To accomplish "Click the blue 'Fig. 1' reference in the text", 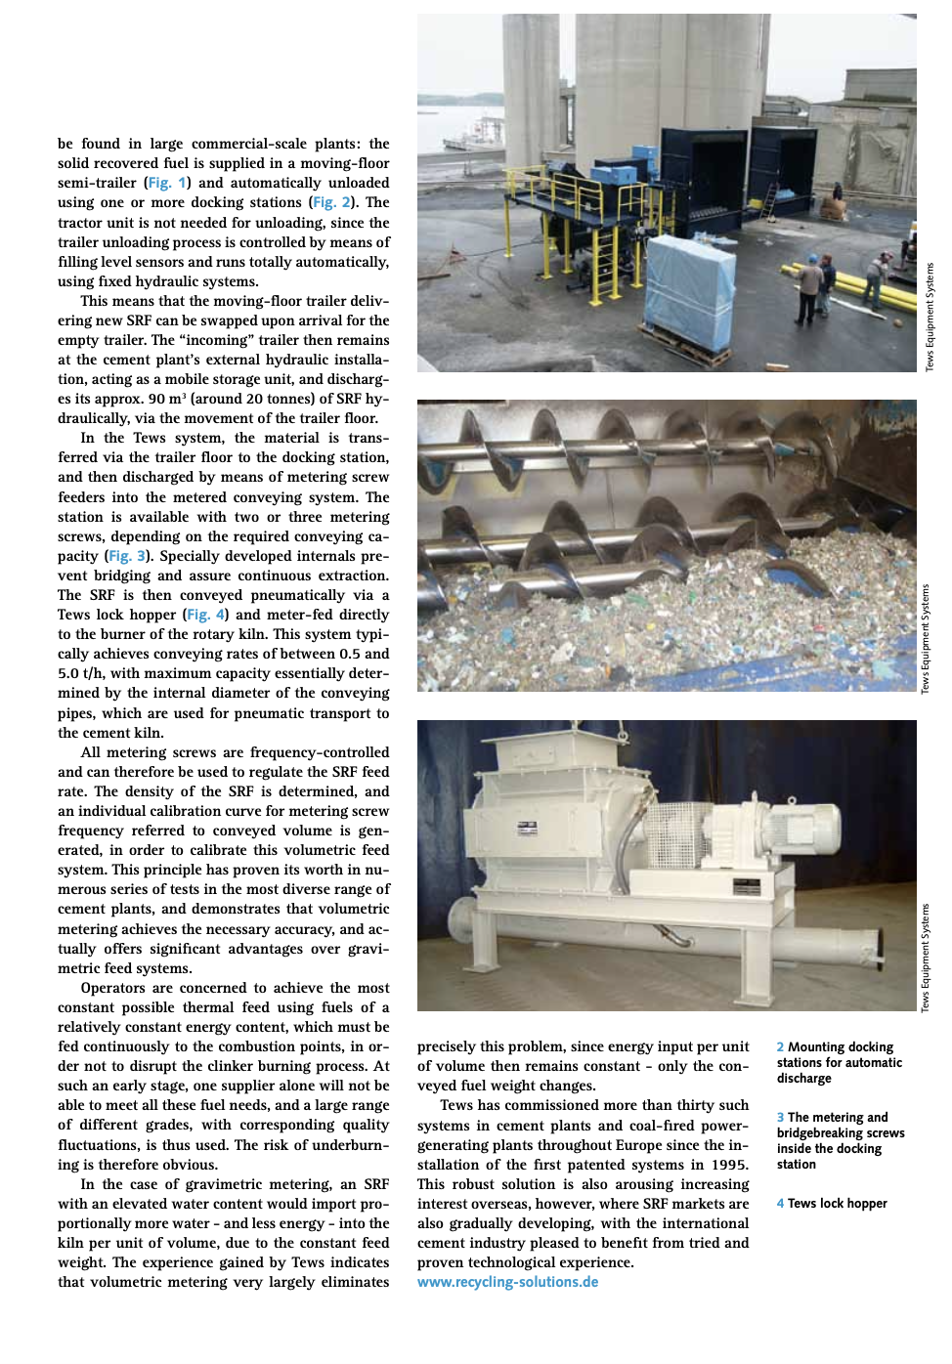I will tap(167, 183).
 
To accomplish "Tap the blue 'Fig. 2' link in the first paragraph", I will tap(331, 202).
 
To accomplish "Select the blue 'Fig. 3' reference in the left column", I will tap(127, 556).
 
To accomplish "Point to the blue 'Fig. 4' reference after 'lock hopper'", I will tap(205, 615).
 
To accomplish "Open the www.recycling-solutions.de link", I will tap(507, 1282).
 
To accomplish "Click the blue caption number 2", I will tap(780, 1047).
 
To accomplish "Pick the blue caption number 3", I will tap(780, 1118).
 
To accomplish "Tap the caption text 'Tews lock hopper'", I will tap(838, 1204).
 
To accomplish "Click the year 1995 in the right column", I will tap(729, 1165).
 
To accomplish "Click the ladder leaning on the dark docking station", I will tap(770, 199).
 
